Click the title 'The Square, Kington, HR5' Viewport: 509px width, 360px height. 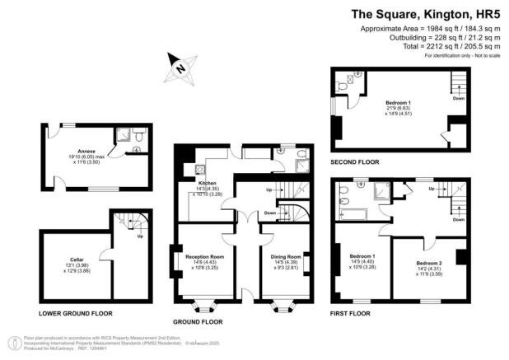point(417,13)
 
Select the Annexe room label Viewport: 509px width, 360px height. point(84,152)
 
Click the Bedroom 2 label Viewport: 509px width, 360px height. point(428,263)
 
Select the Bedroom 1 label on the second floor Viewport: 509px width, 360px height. point(399,102)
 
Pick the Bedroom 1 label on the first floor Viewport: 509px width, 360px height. point(362,256)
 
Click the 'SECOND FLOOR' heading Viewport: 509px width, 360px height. point(355,162)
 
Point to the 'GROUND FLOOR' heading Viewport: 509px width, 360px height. point(198,321)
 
